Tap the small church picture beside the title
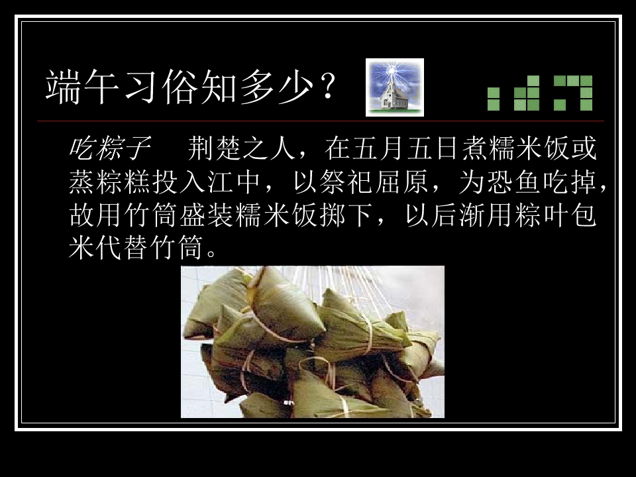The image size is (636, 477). coord(395,87)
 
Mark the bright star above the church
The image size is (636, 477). coord(396,70)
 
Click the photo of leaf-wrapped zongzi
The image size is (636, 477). coord(313,342)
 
